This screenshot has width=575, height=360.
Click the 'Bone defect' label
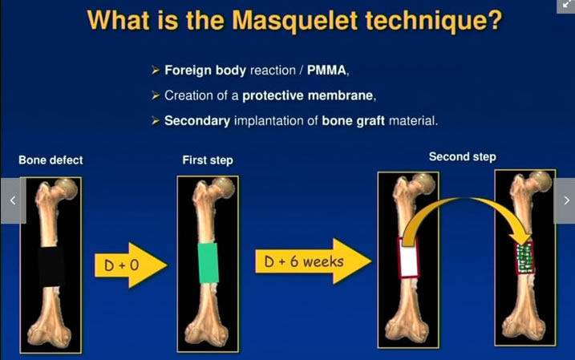[51, 160]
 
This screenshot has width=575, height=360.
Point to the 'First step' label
[208, 160]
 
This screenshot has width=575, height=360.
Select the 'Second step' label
[462, 156]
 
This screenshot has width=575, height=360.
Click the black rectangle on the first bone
[51, 265]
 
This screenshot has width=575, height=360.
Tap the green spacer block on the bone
[208, 262]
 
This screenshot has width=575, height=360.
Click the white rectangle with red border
[407, 258]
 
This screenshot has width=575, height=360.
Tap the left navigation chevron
[11, 200]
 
